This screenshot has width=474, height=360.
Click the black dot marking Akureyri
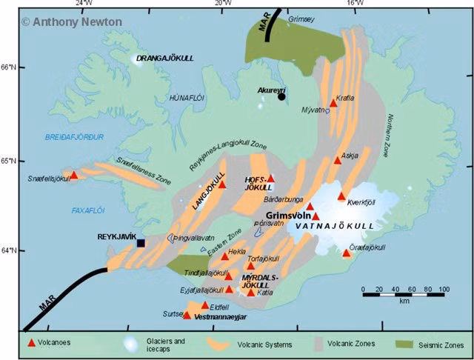click(x=281, y=96)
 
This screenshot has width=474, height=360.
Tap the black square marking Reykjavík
click(x=140, y=242)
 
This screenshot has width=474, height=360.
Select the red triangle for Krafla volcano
click(x=333, y=104)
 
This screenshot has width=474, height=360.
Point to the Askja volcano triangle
click(x=337, y=160)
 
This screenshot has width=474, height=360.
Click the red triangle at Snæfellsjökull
click(x=73, y=176)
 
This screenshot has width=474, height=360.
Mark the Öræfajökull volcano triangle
click(x=346, y=253)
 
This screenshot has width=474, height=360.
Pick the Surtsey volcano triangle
click(x=187, y=315)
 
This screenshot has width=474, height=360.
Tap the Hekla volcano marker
click(x=224, y=256)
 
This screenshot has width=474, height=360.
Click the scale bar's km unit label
click(x=404, y=301)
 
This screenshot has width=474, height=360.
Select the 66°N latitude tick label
click(x=10, y=67)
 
